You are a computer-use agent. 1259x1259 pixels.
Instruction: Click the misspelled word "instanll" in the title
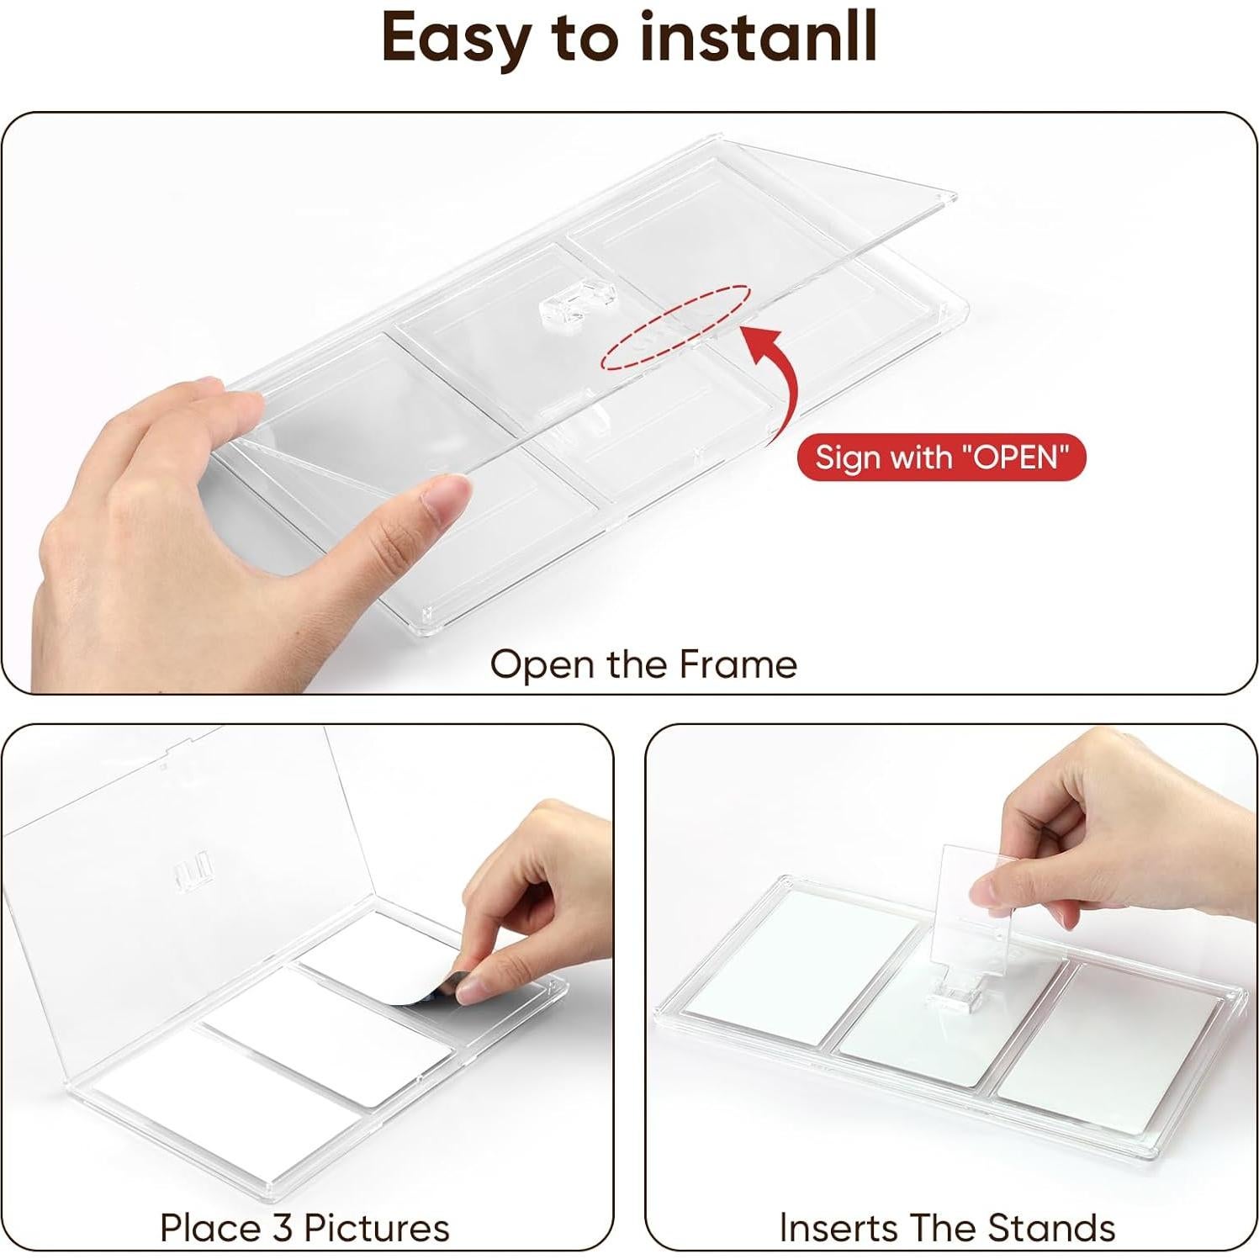point(758,37)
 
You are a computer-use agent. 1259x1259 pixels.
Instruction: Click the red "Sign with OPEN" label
point(942,457)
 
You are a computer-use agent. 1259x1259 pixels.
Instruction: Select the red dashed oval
point(675,328)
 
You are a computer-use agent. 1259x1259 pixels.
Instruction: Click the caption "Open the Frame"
point(643,664)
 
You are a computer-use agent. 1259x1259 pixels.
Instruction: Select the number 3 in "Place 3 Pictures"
point(283,1228)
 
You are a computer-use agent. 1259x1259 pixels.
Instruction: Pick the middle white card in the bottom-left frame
point(328,1037)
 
